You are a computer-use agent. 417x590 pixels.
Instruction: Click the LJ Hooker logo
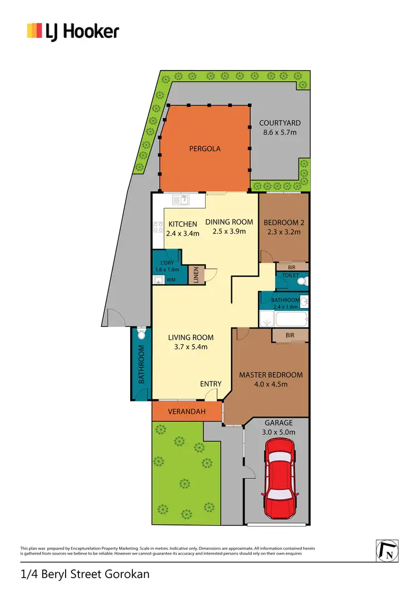[x=73, y=31]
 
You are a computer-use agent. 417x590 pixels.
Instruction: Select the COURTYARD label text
[x=280, y=123]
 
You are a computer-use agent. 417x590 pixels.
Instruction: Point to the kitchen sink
[x=182, y=199]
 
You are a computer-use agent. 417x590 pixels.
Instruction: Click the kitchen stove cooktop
[x=157, y=227]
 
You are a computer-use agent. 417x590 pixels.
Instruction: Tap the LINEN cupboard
[x=196, y=275]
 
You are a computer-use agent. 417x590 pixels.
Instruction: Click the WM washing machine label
[x=171, y=280]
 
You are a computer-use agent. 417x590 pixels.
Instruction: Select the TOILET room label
[x=290, y=275]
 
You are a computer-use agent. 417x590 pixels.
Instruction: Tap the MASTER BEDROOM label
[x=271, y=375]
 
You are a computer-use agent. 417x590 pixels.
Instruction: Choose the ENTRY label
[x=211, y=384]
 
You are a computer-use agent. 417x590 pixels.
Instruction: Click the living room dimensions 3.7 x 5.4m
[x=191, y=347]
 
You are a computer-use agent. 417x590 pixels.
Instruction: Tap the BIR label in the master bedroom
[x=290, y=335]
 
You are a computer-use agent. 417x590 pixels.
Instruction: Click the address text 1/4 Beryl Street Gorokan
[x=85, y=574]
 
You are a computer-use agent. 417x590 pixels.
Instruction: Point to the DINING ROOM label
[x=229, y=222]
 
